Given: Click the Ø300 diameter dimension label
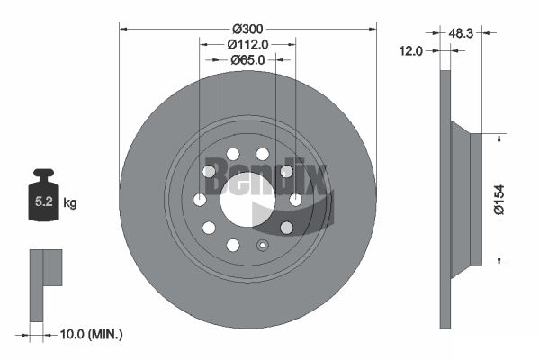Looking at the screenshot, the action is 247,30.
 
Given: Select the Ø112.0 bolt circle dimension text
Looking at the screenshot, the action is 247,44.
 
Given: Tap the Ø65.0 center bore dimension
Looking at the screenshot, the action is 247,60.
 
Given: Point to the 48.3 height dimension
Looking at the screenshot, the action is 461,33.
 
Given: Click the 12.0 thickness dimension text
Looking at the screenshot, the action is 410,51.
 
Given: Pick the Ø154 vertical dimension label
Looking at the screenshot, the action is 499,200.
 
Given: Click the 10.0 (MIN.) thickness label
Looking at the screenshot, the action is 91,334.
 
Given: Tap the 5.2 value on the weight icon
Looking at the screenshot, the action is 44,202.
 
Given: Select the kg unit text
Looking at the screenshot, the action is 70,202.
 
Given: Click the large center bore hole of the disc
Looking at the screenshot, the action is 247,200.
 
